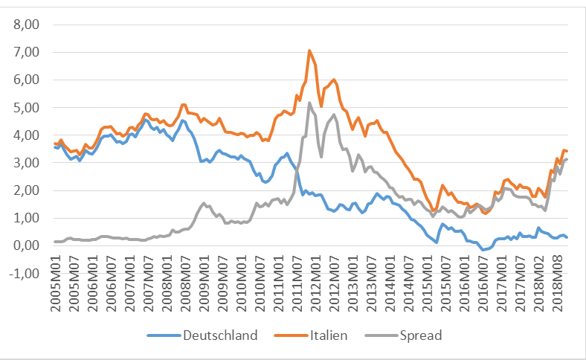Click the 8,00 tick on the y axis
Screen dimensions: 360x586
click(x=30, y=25)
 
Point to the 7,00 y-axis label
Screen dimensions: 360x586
click(x=30, y=52)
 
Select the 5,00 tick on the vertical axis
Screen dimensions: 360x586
click(x=30, y=107)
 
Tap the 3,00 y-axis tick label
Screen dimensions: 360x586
click(x=30, y=162)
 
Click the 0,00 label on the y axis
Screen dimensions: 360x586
click(x=30, y=245)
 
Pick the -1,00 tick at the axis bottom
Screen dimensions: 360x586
click(x=29, y=273)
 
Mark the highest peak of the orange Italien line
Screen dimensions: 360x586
click(x=309, y=51)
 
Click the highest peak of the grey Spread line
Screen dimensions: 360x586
click(x=309, y=103)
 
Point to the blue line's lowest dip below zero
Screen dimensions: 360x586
click(x=482, y=250)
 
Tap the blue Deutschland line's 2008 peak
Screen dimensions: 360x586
click(x=182, y=120)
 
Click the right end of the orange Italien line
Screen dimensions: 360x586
click(x=567, y=151)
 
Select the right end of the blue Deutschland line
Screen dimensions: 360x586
click(x=567, y=237)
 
